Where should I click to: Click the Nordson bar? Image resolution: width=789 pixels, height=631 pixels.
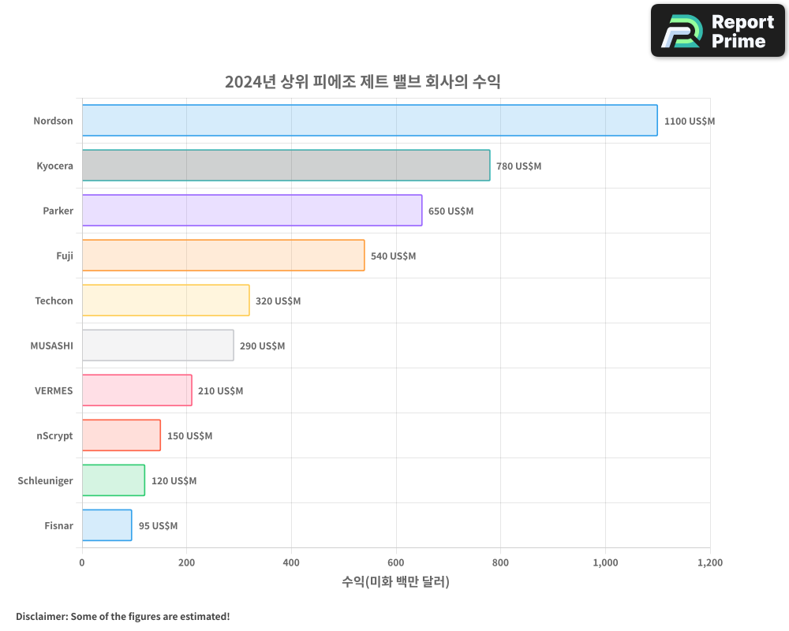click(x=369, y=121)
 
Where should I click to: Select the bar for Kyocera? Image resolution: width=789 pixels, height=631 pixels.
click(x=286, y=166)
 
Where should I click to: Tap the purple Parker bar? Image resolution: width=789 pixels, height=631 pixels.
click(x=252, y=211)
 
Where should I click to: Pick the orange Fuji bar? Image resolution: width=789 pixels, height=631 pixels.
click(x=223, y=256)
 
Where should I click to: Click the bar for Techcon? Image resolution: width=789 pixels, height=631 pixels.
click(x=166, y=301)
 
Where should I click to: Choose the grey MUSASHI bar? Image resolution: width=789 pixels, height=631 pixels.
click(x=158, y=345)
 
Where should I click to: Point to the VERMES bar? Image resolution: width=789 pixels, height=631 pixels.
click(x=136, y=390)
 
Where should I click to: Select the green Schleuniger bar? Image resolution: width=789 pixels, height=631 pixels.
click(x=113, y=480)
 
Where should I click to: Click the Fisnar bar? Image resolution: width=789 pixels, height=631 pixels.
click(x=107, y=525)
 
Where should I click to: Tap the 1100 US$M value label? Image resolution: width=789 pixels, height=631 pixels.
click(x=689, y=121)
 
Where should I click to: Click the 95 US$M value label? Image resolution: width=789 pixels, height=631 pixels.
click(x=158, y=526)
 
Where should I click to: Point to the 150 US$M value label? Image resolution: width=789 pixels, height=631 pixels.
click(x=189, y=436)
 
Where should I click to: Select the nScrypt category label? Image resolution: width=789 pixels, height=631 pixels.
click(x=54, y=435)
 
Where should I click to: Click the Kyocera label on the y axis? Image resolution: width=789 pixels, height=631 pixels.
click(x=54, y=166)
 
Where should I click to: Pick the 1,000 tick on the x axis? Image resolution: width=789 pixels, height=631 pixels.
click(x=605, y=562)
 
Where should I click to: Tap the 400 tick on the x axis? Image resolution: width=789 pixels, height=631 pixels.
click(x=291, y=562)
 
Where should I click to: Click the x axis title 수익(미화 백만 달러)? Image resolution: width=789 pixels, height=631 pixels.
click(x=395, y=582)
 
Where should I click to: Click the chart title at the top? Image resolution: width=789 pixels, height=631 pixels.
click(x=363, y=81)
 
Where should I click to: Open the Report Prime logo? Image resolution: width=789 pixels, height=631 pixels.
click(x=717, y=31)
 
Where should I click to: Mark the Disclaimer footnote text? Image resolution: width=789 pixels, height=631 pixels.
click(x=123, y=616)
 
